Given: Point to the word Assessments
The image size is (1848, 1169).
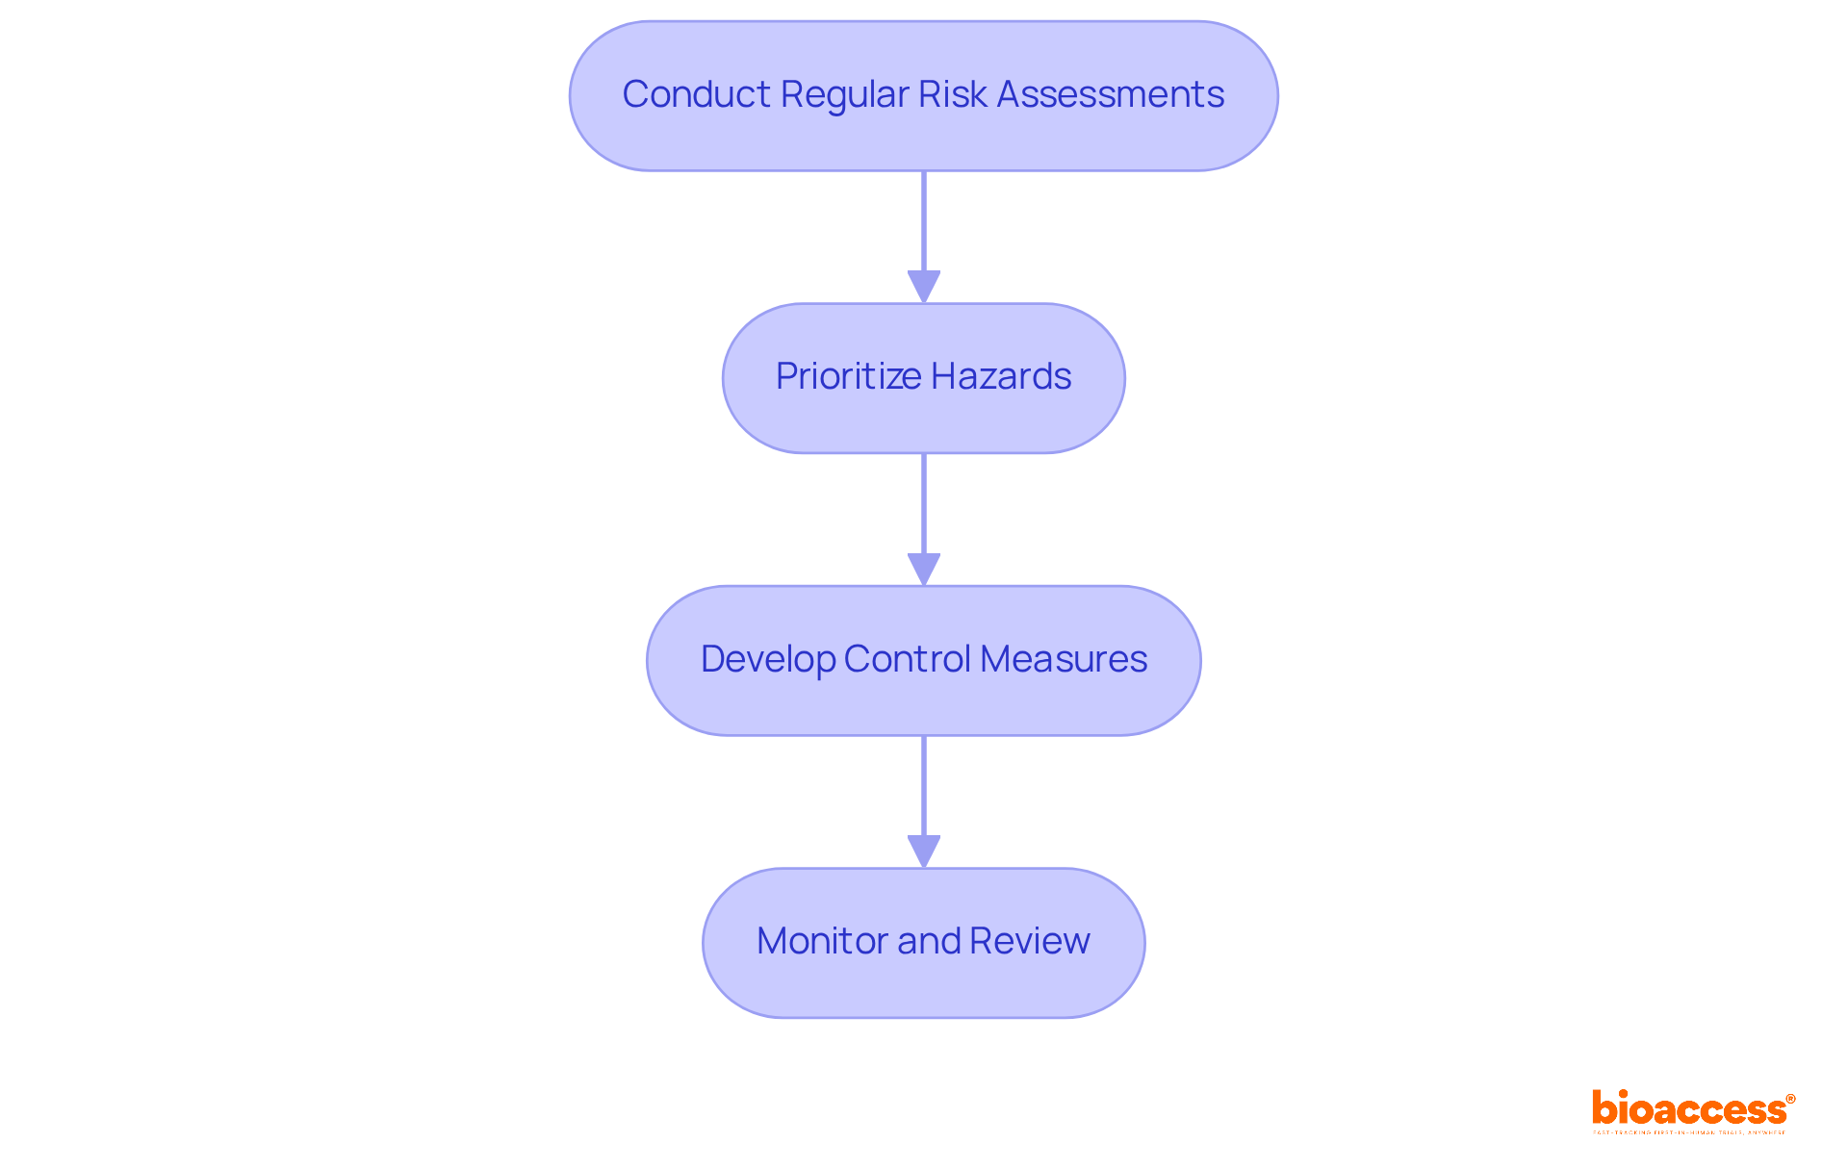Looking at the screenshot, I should tap(1110, 94).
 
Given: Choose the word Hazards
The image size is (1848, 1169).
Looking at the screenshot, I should tap(1001, 376).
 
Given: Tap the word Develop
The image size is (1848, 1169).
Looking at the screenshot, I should tap(767, 659).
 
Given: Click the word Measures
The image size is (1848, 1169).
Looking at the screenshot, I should tap(1064, 659).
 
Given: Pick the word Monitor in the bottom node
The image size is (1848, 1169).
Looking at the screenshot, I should tap(822, 941).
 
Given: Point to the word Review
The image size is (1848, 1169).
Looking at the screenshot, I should tap(1030, 941).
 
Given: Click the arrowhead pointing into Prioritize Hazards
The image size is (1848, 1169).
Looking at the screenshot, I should tap(924, 287).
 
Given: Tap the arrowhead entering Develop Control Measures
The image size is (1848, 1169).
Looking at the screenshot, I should tap(924, 569).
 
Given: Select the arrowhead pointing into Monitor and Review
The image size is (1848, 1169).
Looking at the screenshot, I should tap(924, 851).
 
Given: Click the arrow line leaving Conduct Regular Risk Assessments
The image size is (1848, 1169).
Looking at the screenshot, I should tap(924, 221).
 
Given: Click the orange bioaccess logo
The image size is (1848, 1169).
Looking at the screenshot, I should tap(1688, 1109).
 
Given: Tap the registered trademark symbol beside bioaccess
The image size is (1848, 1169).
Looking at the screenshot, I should tap(1790, 1099).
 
